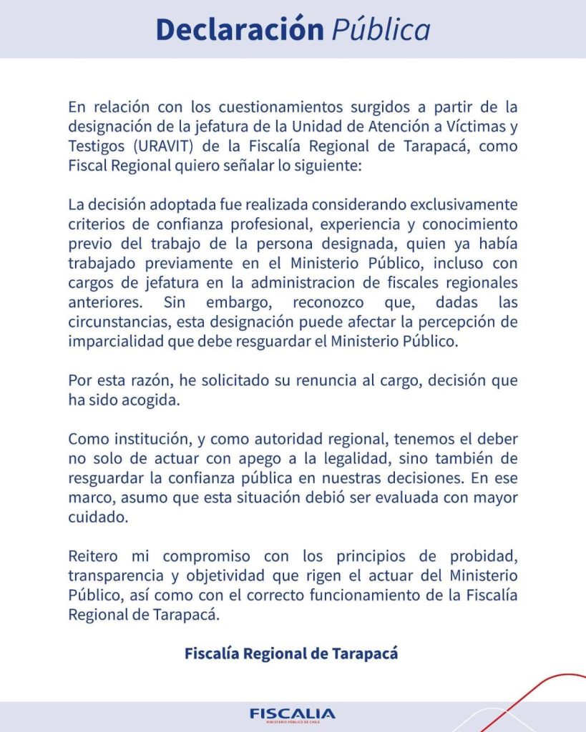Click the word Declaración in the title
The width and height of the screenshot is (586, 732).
click(240, 29)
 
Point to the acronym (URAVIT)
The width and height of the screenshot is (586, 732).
click(158, 147)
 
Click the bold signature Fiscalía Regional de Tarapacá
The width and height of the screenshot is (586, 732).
click(291, 653)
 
